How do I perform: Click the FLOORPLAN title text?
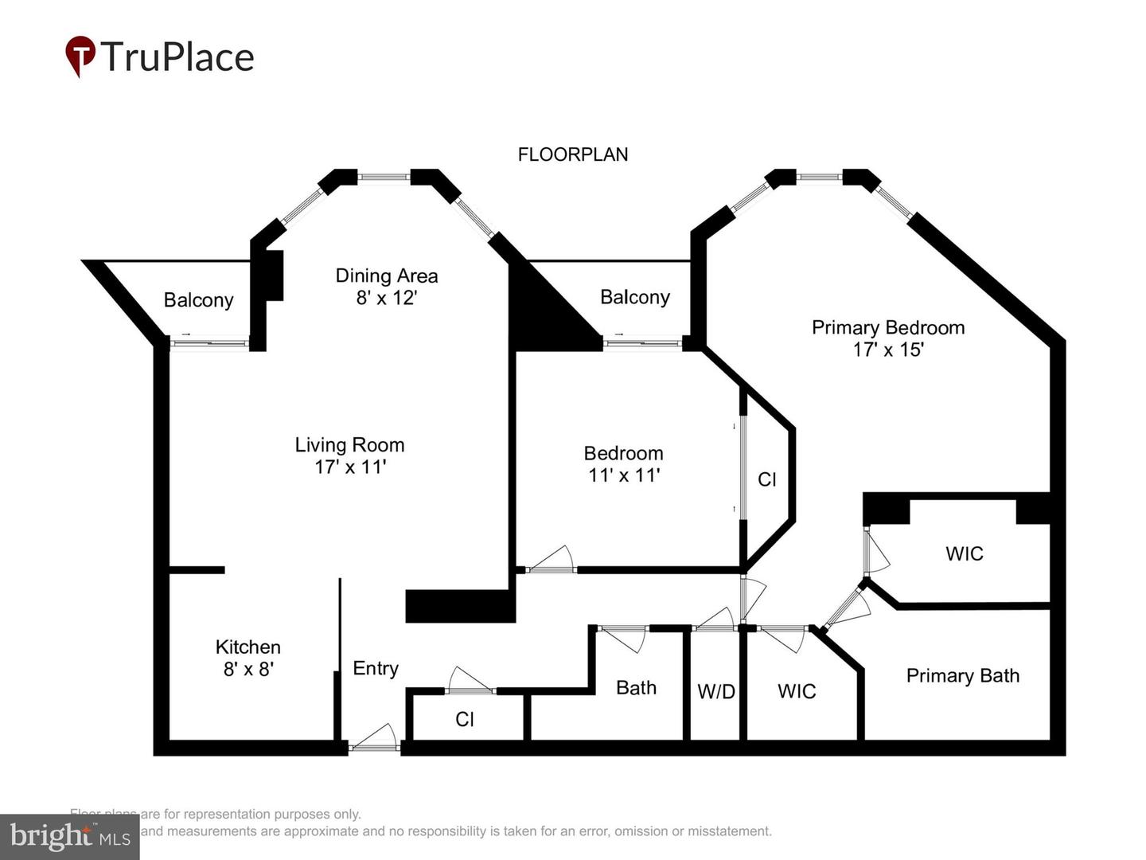coord(572,154)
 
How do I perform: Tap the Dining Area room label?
coord(386,276)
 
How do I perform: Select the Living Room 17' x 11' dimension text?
coord(350,467)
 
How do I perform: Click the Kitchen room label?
coord(248,647)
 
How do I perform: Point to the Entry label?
coord(376,668)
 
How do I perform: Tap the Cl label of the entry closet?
coord(465,719)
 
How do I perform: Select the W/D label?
coord(716,691)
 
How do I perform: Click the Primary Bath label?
coord(962,675)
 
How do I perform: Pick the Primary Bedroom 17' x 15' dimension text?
coord(887,350)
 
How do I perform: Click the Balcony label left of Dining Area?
coord(198,300)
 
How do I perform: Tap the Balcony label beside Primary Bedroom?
coord(634,297)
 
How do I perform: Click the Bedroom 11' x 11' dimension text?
coord(623,475)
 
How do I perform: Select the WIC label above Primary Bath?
coord(964,553)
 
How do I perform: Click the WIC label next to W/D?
coord(797,691)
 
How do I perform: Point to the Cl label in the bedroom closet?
coord(766,479)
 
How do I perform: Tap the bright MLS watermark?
coord(70,837)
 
